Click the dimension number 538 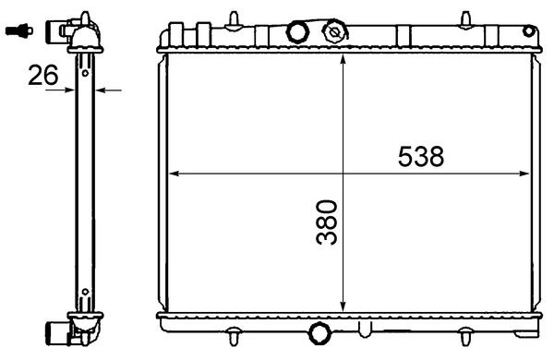pos(421,157)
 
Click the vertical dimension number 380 pos(326,222)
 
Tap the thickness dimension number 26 pos(42,76)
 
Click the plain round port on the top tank pos(296,32)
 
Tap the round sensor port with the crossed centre pos(334,32)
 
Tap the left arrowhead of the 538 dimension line pos(170,173)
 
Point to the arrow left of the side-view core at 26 pos(70,90)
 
